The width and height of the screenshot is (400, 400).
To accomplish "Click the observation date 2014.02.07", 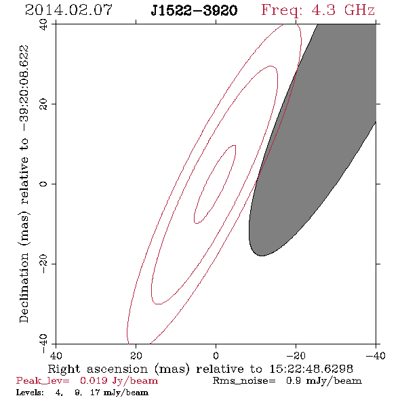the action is (x=68, y=10).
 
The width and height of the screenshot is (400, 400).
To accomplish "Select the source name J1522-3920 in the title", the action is (x=194, y=11).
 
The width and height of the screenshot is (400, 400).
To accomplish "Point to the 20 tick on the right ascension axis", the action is (x=136, y=356).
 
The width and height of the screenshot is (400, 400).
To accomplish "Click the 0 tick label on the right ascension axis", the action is (x=216, y=356).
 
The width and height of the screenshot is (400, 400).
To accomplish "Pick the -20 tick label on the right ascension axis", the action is (x=296, y=356).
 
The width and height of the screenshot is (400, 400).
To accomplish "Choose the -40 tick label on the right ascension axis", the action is (x=376, y=356).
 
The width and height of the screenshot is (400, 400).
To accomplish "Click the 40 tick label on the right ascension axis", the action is (x=56, y=356).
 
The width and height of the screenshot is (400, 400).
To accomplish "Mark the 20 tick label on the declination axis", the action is (x=43, y=104).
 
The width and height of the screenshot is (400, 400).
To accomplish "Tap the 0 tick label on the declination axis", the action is (x=43, y=184).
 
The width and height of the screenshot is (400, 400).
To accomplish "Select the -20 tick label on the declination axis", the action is (x=43, y=264).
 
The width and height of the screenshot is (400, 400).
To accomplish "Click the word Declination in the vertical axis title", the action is (x=24, y=287).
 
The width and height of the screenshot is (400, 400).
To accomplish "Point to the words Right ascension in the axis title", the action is (x=98, y=369).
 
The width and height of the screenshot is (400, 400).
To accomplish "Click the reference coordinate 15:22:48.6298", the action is (x=311, y=369).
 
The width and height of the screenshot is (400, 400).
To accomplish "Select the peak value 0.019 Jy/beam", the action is (x=119, y=381).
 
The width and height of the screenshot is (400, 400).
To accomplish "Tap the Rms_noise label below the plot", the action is (x=244, y=381).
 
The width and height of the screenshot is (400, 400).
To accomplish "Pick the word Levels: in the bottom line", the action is (x=30, y=393).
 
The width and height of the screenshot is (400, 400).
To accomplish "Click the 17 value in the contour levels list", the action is (x=95, y=393).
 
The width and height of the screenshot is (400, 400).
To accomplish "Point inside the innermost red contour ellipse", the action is (x=215, y=184).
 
